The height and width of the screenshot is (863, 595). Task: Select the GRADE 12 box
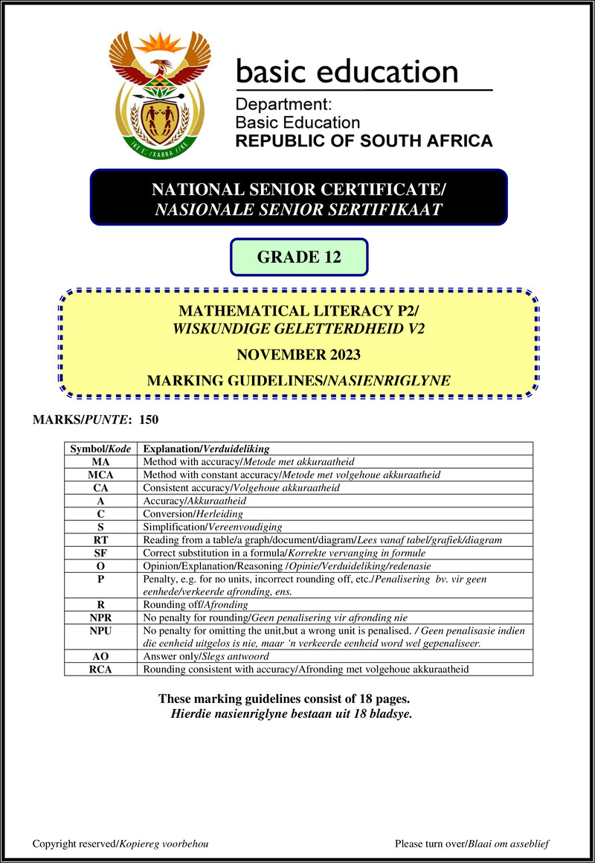[299, 257]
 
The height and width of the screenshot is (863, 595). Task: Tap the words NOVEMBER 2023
[299, 355]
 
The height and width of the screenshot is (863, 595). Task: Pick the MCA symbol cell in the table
[100, 475]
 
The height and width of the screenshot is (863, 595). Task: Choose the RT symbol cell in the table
[100, 539]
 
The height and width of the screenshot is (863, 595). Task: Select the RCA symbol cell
[100, 669]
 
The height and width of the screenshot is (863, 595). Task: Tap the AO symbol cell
[100, 656]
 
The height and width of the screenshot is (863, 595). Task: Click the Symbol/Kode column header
[100, 449]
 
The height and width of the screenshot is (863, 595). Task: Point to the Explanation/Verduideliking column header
[206, 449]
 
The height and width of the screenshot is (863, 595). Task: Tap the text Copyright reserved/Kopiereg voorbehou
[120, 844]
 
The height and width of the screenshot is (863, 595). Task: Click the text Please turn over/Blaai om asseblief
[472, 844]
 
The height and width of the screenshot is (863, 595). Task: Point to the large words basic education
[347, 71]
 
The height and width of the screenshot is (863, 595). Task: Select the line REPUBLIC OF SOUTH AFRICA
[364, 141]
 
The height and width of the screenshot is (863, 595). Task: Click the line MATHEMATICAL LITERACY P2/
[299, 311]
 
